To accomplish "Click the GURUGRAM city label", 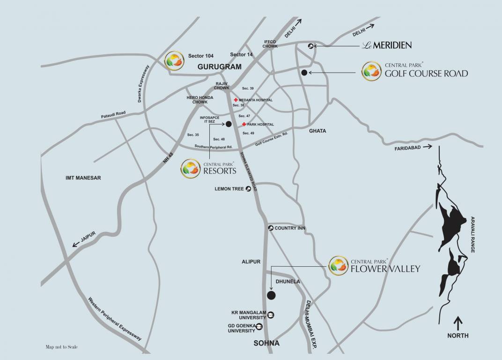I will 220,67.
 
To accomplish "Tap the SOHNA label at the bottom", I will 266,343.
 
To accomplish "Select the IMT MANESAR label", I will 83,178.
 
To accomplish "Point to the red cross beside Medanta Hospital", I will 236,100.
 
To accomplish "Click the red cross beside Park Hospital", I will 244,124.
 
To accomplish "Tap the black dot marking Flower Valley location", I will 271,295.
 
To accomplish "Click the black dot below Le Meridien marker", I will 304,72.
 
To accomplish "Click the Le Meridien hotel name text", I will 387,45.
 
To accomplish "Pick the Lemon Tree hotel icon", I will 248,188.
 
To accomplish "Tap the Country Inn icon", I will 270,228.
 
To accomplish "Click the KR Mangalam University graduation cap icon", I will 271,315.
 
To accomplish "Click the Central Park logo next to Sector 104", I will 174,61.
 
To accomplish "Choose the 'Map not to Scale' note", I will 61,347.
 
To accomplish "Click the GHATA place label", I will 317,131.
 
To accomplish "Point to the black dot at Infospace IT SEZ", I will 229,124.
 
